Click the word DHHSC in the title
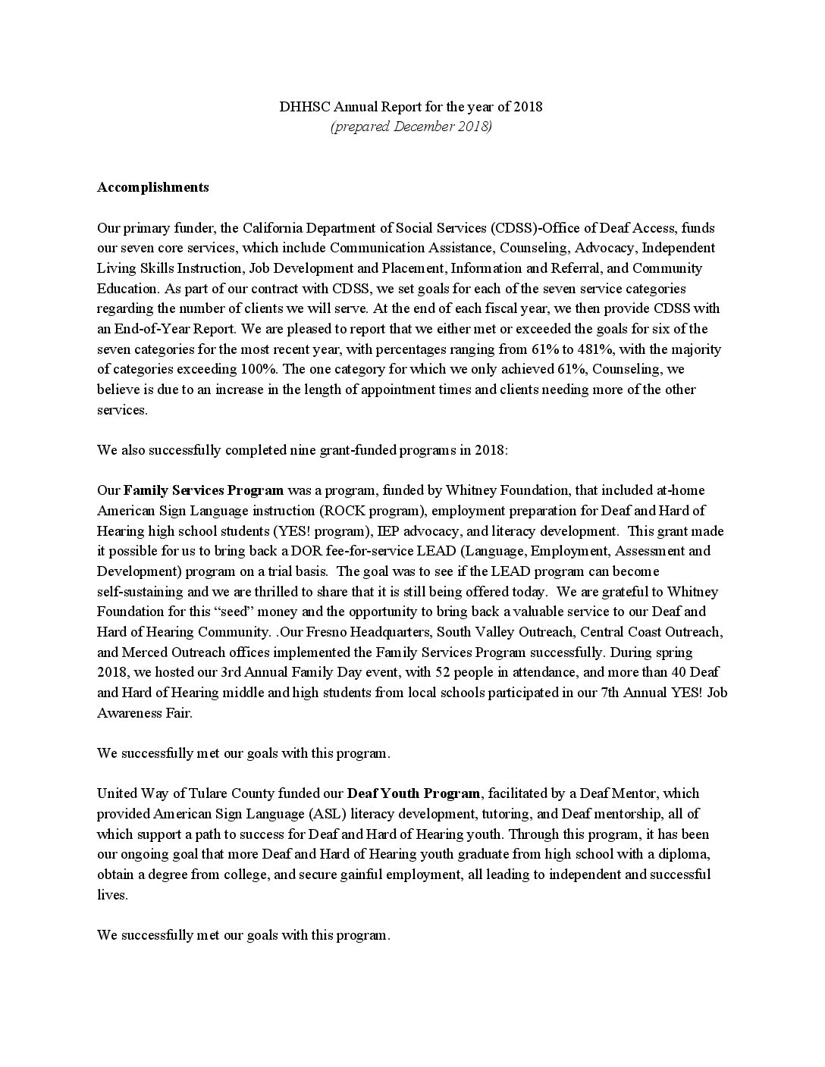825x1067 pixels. [x=300, y=106]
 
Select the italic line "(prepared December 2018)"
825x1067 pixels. [x=411, y=127]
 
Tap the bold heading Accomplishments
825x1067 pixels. [x=152, y=187]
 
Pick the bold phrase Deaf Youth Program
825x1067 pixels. [x=413, y=793]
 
